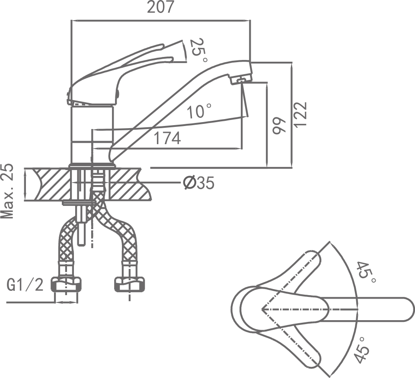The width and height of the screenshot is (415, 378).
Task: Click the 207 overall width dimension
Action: click(160, 8)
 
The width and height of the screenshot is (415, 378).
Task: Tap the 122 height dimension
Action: click(301, 114)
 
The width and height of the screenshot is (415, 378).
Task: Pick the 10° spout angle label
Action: click(199, 112)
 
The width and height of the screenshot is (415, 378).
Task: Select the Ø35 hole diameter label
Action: click(198, 183)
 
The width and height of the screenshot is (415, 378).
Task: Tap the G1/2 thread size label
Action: click(25, 285)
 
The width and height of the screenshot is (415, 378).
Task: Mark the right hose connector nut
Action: click(129, 284)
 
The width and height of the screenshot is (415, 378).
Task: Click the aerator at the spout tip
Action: click(241, 79)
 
